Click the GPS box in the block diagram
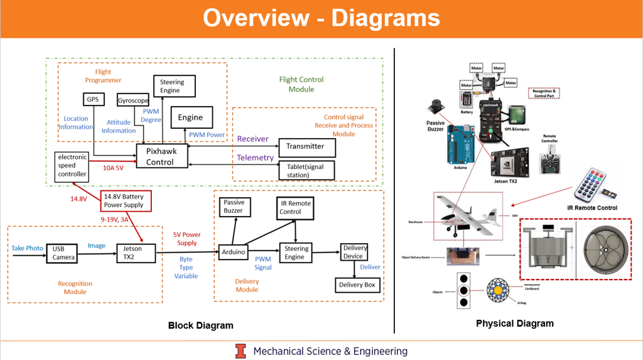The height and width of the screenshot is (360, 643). pyautogui.click(x=92, y=99)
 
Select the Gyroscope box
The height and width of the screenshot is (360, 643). pyautogui.click(x=132, y=101)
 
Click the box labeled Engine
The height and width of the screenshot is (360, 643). pyautogui.click(x=190, y=117)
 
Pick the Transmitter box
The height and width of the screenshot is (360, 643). pyautogui.click(x=306, y=146)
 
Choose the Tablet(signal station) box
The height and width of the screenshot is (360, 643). pyautogui.click(x=306, y=170)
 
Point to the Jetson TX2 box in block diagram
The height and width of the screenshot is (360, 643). pyautogui.click(x=132, y=253)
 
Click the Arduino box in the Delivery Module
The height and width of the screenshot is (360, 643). pyautogui.click(x=232, y=252)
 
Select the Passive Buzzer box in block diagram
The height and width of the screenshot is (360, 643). pyautogui.click(x=234, y=207)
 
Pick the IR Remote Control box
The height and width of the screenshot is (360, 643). pyautogui.click(x=295, y=208)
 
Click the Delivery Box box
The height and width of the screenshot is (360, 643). pyautogui.click(x=356, y=285)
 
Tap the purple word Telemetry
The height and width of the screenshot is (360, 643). pyautogui.click(x=255, y=158)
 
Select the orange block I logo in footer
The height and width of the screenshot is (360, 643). pyautogui.click(x=240, y=351)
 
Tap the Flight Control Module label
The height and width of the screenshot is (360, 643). pyautogui.click(x=301, y=84)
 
